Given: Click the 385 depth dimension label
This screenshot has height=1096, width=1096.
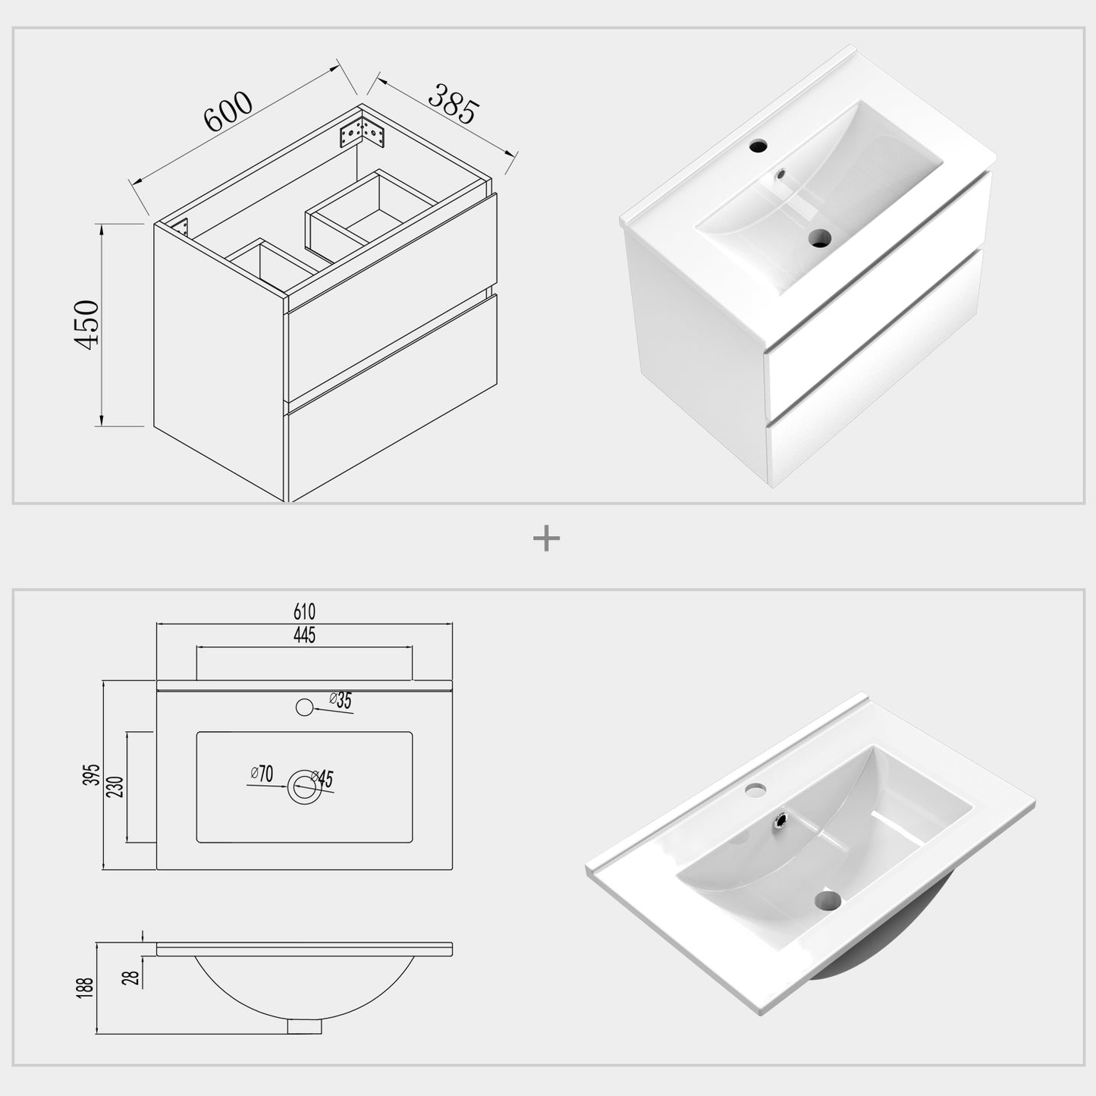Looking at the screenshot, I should coord(453,104).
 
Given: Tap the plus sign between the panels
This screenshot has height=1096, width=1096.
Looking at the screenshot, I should coord(546,539).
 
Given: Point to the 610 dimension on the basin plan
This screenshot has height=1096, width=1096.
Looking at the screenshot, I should coord(303,611).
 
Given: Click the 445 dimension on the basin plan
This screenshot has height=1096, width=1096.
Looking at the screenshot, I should coord(303,636).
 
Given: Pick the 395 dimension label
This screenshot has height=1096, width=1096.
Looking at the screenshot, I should coord(93,774).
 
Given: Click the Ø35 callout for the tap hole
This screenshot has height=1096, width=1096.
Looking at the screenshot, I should coord(341,701).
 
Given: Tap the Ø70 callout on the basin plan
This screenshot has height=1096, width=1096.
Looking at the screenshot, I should coord(262,774).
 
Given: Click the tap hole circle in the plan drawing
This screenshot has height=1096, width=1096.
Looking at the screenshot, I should coord(304,708).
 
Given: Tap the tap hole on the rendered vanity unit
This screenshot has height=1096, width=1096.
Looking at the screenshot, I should coord(757,146).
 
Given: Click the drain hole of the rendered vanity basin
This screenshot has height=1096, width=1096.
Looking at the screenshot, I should coord(818,238).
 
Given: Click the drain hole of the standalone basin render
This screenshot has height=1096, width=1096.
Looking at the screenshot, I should coord(827,901).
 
